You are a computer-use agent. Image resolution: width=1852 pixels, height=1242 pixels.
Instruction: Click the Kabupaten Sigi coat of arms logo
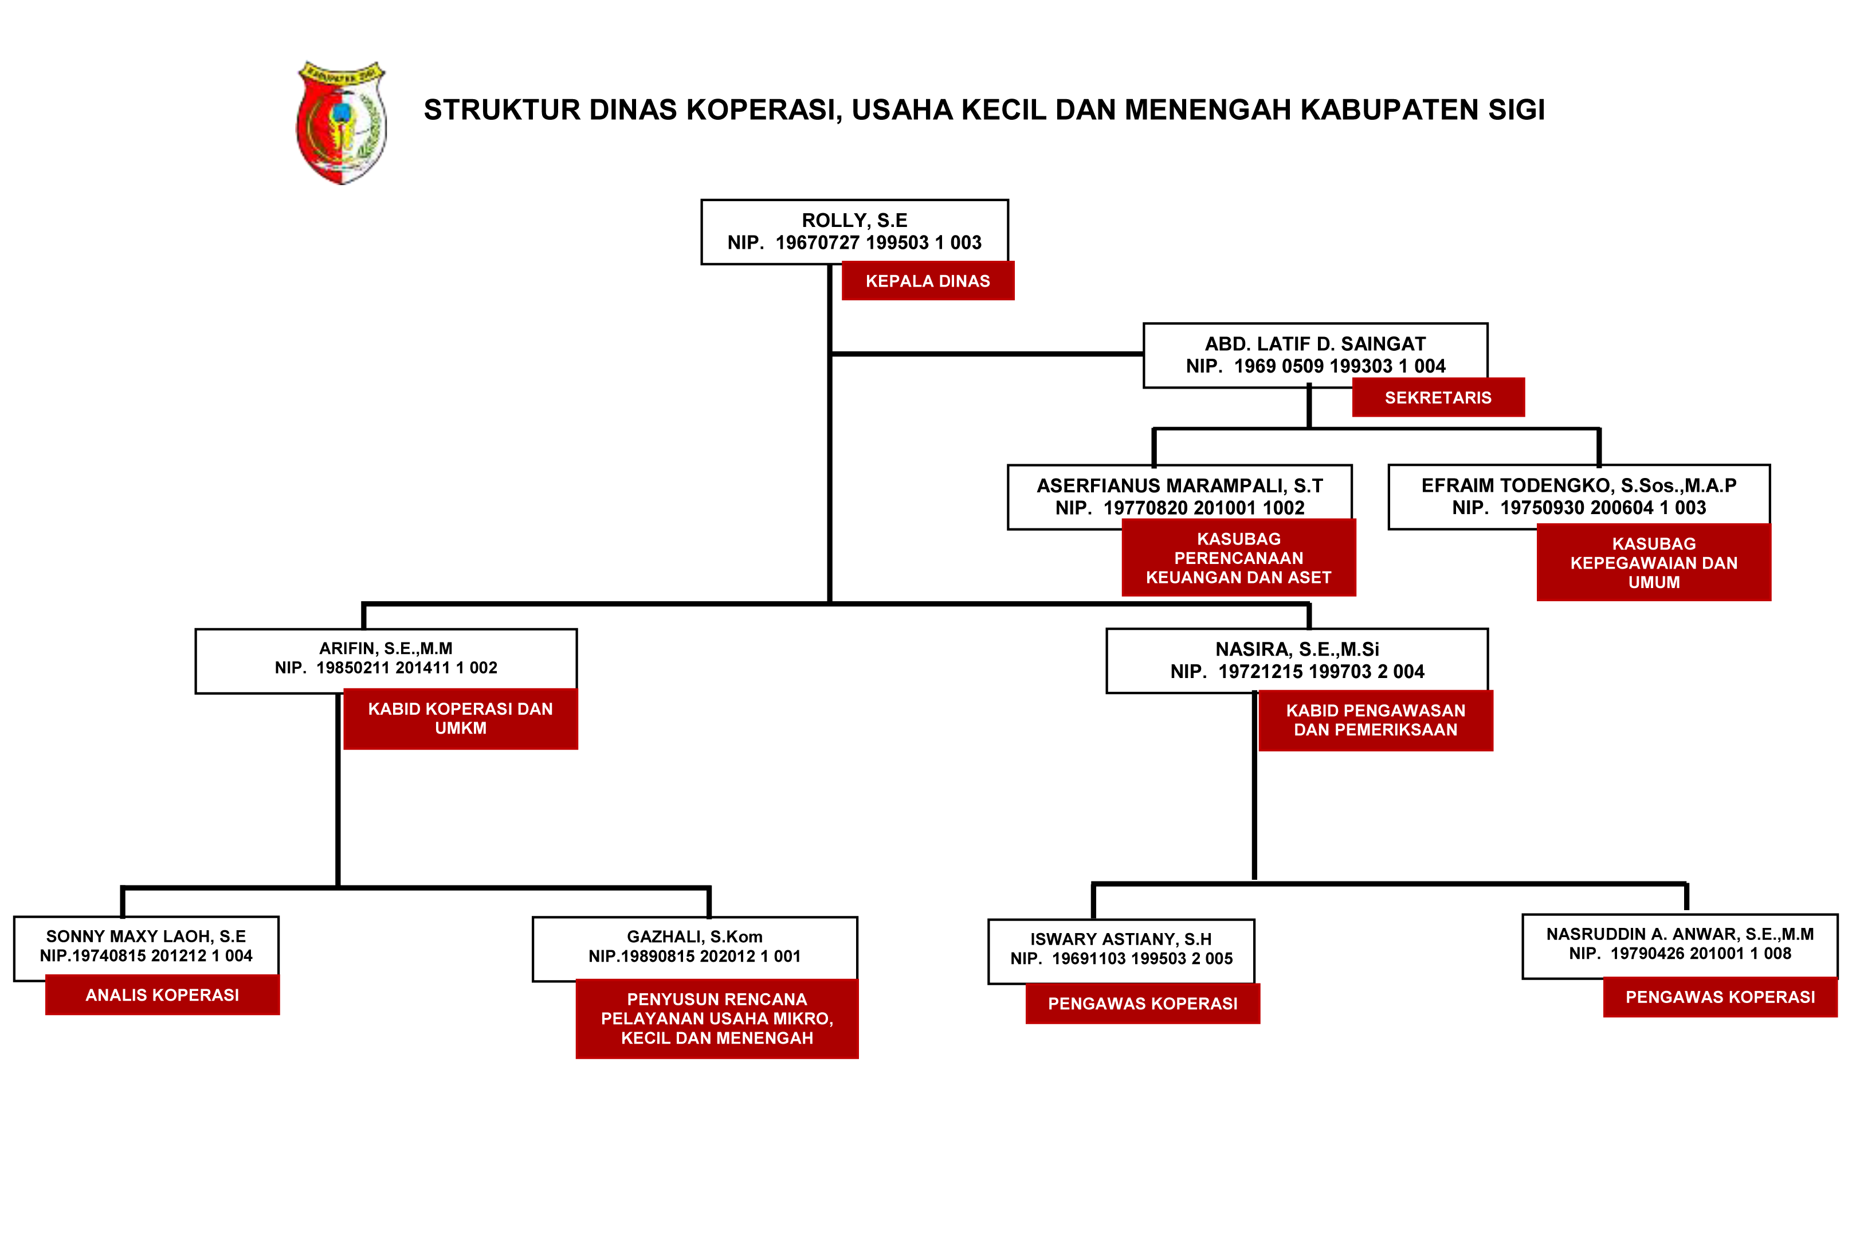tap(342, 122)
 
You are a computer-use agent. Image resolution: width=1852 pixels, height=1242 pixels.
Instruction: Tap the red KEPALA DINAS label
tap(927, 281)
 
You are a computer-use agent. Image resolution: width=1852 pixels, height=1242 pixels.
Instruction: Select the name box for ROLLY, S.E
tap(854, 232)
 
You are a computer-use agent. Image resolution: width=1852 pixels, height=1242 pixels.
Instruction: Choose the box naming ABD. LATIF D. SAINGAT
tap(1315, 355)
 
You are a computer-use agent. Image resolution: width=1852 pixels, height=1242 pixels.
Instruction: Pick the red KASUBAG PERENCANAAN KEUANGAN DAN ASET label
tap(1238, 558)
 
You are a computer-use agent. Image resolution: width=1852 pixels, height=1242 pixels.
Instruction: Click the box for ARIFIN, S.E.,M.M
tap(386, 661)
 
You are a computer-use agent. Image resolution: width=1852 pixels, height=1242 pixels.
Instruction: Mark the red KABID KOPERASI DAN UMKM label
tap(460, 718)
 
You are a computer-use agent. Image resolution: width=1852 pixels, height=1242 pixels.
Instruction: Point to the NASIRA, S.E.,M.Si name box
tap(1297, 661)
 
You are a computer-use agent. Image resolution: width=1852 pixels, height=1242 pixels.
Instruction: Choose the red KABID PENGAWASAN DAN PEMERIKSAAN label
tap(1375, 720)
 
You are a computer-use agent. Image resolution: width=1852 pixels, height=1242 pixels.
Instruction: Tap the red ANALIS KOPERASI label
tap(162, 995)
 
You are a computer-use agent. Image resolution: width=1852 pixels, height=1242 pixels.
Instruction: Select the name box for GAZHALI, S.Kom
tap(694, 949)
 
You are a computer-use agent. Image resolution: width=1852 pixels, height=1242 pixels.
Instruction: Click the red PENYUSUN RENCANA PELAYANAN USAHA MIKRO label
tap(717, 1018)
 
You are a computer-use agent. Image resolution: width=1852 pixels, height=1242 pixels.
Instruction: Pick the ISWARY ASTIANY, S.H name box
tap(1121, 951)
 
